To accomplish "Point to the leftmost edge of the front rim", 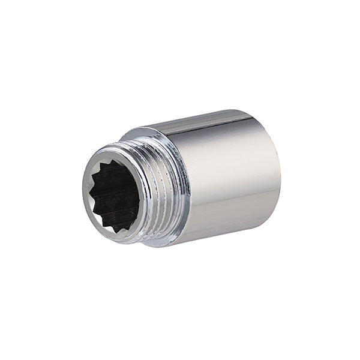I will (82, 195).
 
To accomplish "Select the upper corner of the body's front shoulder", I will (135, 133).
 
